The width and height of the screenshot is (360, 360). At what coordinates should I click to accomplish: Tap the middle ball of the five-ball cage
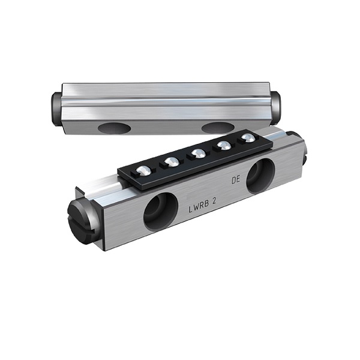pos(197,154)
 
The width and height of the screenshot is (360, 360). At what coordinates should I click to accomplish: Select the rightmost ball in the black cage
pos(247,139)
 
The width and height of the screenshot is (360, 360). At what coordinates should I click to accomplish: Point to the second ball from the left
pos(171,162)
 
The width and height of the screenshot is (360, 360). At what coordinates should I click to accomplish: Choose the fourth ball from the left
pos(223,146)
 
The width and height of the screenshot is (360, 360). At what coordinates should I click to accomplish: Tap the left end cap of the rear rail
pos(55,108)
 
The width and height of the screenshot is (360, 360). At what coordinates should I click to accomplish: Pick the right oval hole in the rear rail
pos(218,128)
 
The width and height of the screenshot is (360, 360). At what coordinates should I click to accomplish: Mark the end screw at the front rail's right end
pos(304,153)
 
